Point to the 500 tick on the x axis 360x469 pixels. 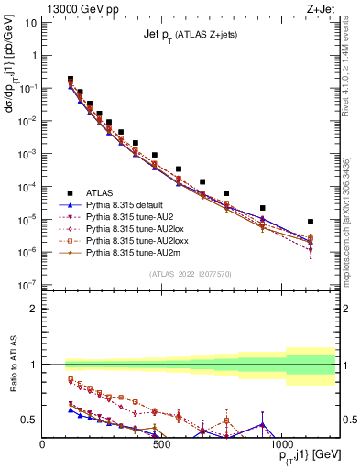(x=161, y=443)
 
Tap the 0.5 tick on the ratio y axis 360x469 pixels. (x=28, y=420)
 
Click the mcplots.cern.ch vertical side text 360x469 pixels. (x=353, y=229)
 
